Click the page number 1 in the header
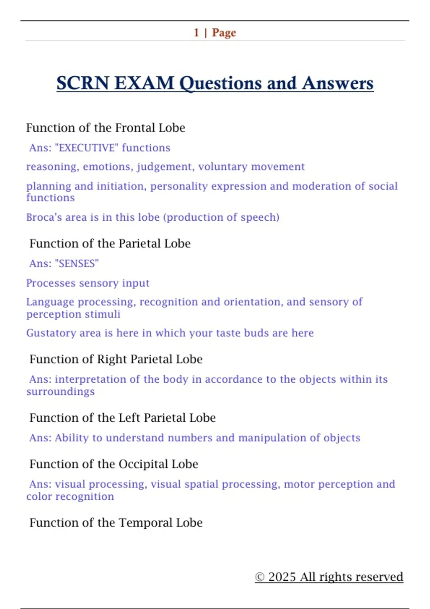[196, 33]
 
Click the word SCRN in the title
[82, 83]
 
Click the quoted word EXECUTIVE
[86, 148]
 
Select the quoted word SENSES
[76, 264]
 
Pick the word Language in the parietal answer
[50, 302]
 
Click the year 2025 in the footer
[282, 577]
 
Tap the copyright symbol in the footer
[260, 577]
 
